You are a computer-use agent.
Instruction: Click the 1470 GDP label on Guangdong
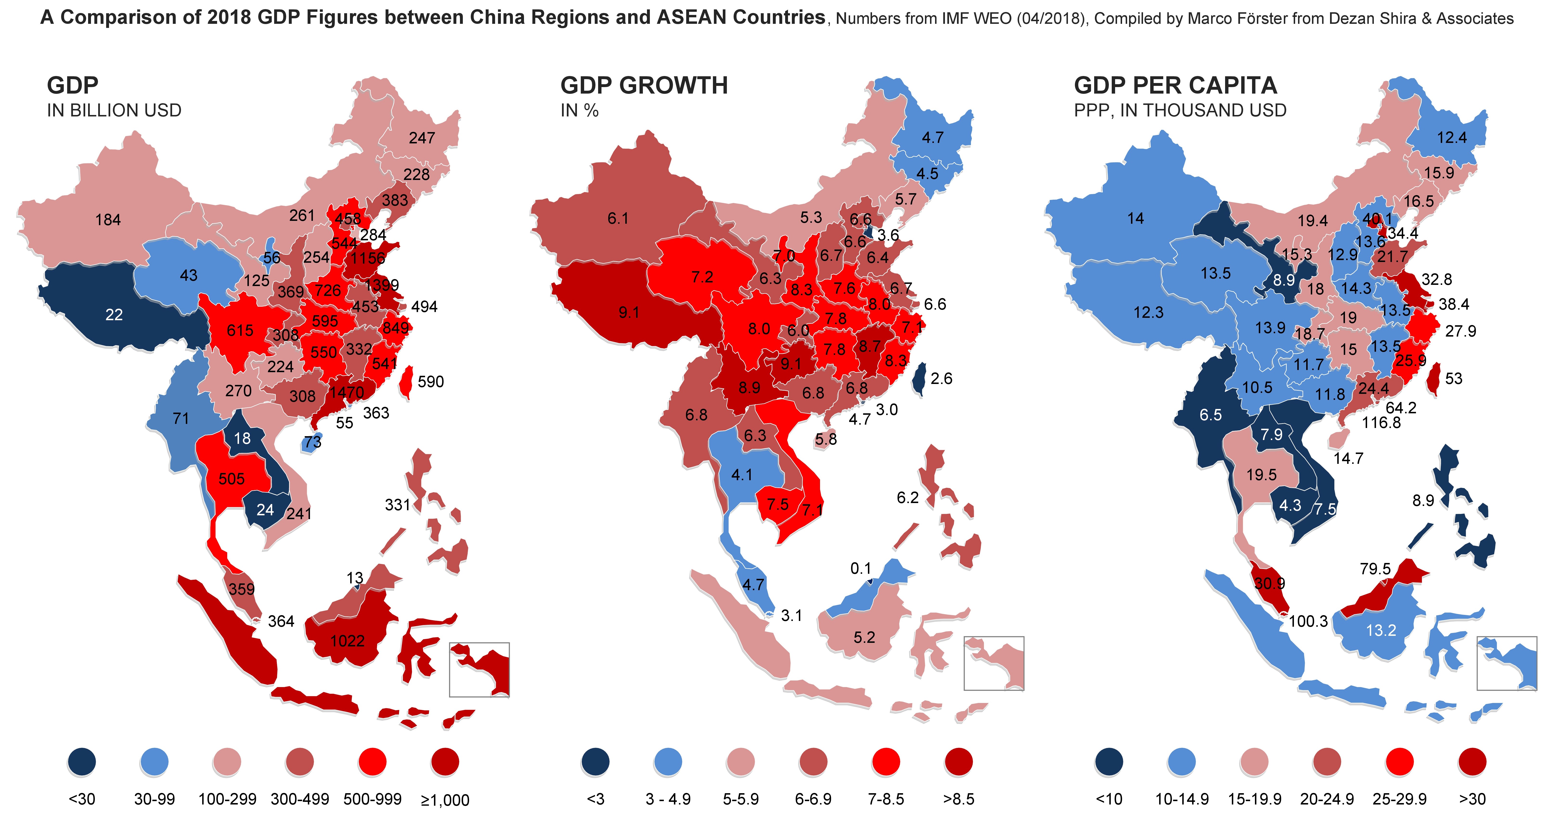click(346, 393)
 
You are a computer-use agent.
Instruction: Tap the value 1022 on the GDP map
click(347, 641)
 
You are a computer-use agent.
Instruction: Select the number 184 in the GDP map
click(108, 220)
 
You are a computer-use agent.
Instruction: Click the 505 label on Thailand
click(231, 479)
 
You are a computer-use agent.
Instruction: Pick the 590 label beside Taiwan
click(430, 382)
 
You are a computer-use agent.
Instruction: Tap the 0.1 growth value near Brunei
click(861, 568)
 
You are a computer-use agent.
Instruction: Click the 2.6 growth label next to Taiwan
click(941, 379)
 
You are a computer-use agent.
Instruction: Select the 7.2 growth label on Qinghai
click(702, 277)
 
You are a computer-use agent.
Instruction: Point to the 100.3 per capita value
click(1308, 621)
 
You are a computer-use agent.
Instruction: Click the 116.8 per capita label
click(1381, 423)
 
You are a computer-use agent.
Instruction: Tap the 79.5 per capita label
click(1375, 568)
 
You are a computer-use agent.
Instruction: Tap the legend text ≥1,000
click(445, 800)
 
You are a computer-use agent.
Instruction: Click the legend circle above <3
click(595, 762)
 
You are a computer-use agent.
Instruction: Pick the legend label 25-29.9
click(1400, 799)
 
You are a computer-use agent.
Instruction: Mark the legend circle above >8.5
click(958, 762)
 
